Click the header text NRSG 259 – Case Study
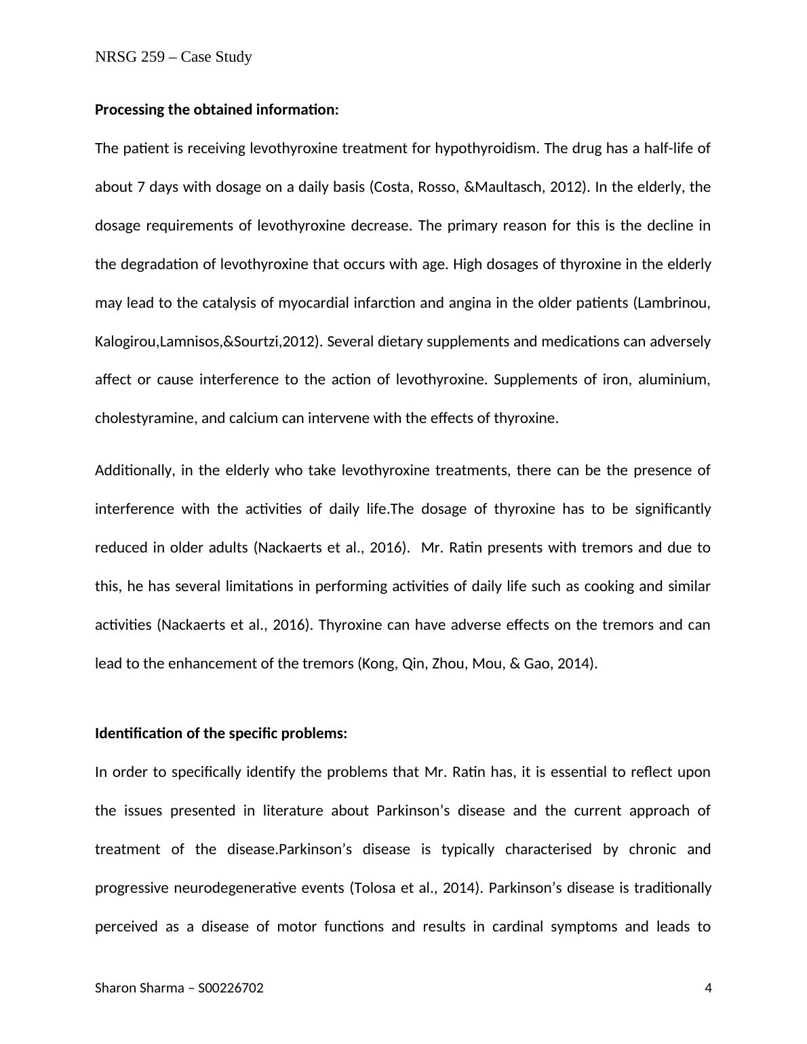tap(174, 57)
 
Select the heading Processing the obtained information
tap(216, 109)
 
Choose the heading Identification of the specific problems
tap(221, 733)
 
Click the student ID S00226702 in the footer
tap(231, 988)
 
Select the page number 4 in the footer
tap(709, 988)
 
